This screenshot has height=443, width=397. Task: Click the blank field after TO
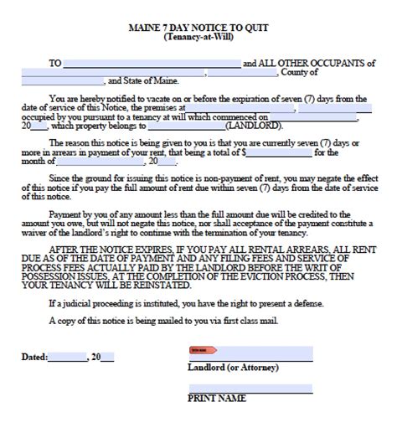tap(152, 63)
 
